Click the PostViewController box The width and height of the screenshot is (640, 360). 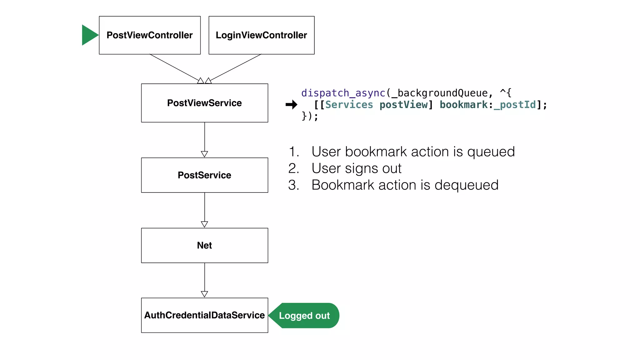point(150,35)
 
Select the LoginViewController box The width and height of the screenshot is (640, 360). point(261,35)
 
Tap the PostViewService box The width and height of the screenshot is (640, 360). point(204,103)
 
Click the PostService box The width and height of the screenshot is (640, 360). point(204,175)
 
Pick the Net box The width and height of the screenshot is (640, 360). point(204,245)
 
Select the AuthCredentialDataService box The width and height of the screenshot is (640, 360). point(204,315)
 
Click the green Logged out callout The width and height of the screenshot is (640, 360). point(304,316)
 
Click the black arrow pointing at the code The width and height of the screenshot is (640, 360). point(291,105)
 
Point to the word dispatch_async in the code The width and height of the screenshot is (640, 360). point(343,93)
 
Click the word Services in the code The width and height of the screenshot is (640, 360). point(349,105)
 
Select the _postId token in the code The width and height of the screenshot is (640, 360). point(515,105)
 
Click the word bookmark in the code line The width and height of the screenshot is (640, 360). point(463,105)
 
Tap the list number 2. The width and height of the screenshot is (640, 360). point(293,168)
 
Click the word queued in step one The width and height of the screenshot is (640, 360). point(491,152)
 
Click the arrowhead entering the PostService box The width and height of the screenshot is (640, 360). point(204,154)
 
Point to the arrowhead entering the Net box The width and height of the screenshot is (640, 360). point(204,224)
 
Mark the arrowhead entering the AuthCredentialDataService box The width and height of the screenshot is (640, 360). point(204,294)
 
